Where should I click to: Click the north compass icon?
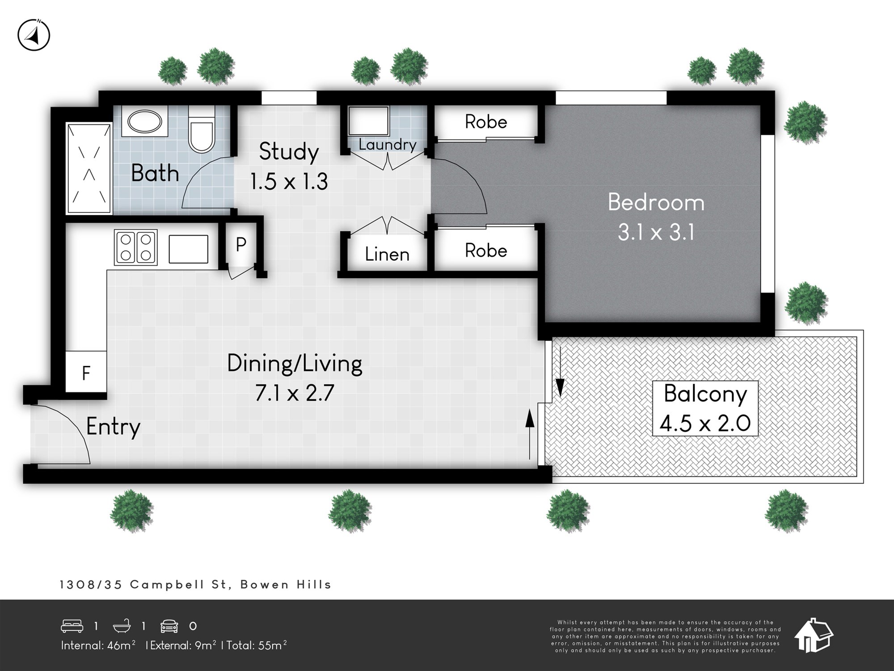[x=34, y=35]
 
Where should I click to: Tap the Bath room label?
[x=155, y=173]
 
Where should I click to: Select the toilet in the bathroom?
[x=202, y=129]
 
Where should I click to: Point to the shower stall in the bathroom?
[x=89, y=169]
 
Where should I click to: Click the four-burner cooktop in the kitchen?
[x=135, y=247]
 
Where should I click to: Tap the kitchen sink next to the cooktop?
[x=188, y=249]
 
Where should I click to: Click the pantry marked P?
[x=241, y=245]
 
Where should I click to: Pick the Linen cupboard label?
[x=387, y=254]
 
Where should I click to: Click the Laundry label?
[x=388, y=144]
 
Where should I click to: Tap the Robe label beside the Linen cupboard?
[x=486, y=251]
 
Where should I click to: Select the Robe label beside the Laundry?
[x=486, y=122]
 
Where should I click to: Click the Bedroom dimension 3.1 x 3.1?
[x=656, y=233]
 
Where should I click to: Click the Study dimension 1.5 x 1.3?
[x=289, y=182]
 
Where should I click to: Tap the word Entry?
[x=113, y=427]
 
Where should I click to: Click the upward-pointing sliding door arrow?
[x=530, y=434]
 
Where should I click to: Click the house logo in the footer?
[x=814, y=635]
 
